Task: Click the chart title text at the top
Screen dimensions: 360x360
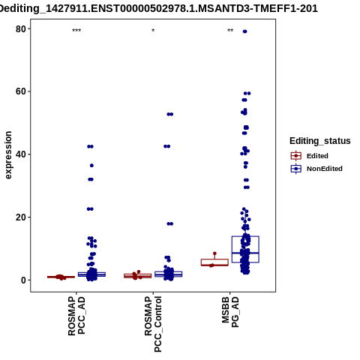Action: (158, 8)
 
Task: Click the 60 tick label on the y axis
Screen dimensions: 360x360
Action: (21, 91)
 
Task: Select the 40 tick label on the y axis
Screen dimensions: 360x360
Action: (21, 154)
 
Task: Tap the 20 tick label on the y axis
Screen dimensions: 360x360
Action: (21, 217)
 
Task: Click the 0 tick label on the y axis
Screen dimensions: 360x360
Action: (23, 280)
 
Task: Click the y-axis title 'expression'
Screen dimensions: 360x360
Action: (8, 155)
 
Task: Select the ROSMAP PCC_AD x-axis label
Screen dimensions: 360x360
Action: (76, 316)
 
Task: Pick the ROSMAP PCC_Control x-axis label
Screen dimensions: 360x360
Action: (153, 324)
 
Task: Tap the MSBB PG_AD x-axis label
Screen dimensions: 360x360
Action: (230, 312)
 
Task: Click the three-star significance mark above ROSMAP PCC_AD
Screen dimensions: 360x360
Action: (76, 31)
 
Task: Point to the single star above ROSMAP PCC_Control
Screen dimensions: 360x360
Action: (153, 31)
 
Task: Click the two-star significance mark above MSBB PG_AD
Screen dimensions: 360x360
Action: (230, 31)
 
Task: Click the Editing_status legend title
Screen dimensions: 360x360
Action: (320, 141)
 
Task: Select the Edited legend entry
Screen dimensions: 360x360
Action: (310, 156)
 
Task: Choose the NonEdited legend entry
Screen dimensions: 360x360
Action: (316, 169)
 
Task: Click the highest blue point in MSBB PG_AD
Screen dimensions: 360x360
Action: (245, 31)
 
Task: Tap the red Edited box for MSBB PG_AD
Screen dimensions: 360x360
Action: (214, 262)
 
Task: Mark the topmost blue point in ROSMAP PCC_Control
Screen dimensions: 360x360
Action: (170, 114)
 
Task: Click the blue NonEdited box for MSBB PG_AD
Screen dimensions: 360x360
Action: (245, 249)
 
